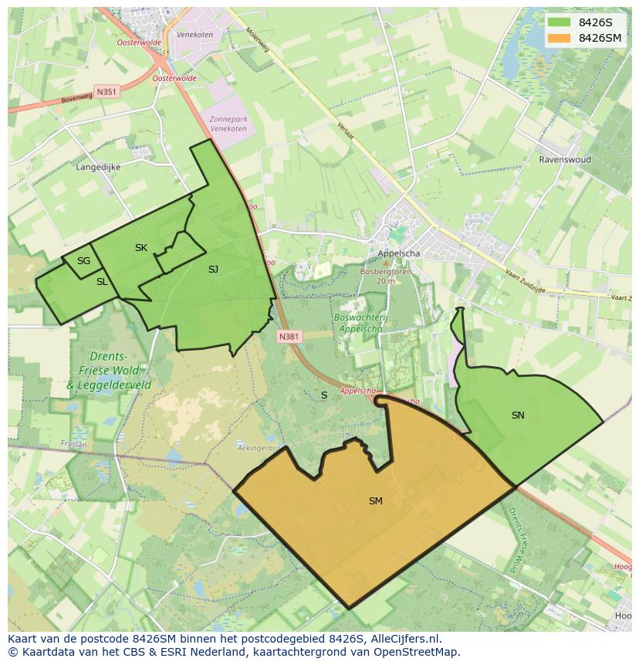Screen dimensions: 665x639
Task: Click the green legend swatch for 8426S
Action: pos(559,22)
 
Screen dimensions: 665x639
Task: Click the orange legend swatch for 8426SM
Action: pos(559,38)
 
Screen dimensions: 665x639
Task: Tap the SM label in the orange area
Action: pos(376,501)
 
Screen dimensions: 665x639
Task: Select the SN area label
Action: pos(518,416)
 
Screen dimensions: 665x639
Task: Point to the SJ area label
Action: pos(213,270)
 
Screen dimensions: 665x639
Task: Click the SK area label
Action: pos(140,248)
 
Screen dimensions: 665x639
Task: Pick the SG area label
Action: pos(83,261)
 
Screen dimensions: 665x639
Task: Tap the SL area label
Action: pos(102,282)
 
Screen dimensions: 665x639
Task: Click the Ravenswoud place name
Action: pos(565,160)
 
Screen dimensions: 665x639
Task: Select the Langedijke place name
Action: pos(99,166)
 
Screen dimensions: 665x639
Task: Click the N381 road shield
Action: pos(289,337)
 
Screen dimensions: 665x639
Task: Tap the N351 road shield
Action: pos(106,91)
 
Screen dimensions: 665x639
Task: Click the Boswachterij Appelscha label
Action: pos(360,322)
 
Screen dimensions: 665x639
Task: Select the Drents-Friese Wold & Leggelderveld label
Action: pos(108,371)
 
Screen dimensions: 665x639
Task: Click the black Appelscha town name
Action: pos(399,254)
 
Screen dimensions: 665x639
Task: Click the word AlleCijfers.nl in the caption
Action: pos(404,639)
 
